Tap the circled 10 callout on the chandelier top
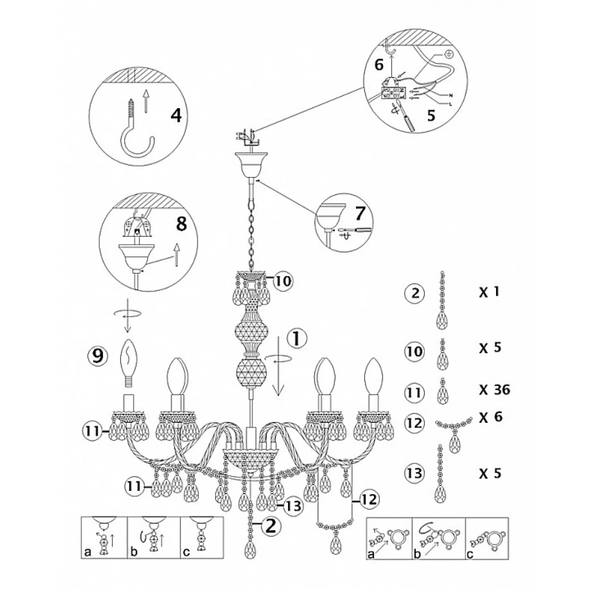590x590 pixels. coord(282,281)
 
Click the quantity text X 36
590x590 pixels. coord(495,390)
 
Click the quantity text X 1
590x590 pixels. coord(489,292)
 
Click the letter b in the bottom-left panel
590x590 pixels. coord(134,552)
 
